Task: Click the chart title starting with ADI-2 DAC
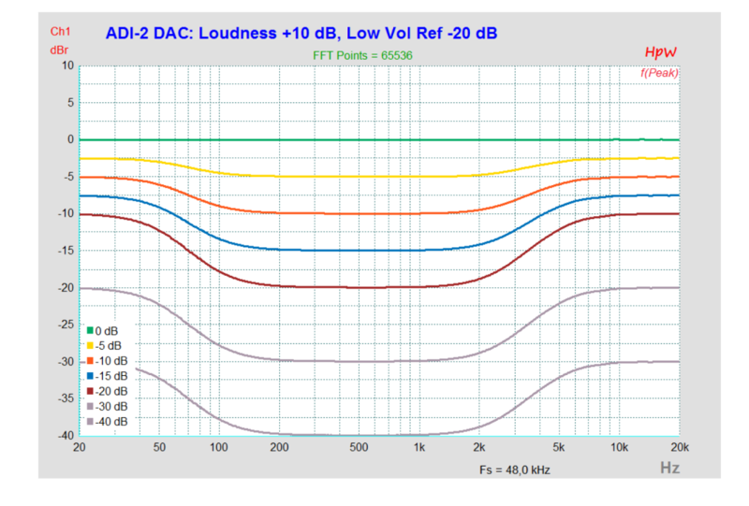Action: click(301, 33)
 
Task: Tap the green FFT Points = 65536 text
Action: click(362, 55)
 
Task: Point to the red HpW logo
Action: click(660, 52)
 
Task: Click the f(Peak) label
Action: click(659, 72)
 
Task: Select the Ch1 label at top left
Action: click(61, 32)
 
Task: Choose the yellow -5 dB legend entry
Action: click(105, 346)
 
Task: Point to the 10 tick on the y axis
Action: click(66, 65)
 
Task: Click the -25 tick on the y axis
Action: click(64, 325)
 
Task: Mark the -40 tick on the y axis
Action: click(64, 435)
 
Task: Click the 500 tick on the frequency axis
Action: click(360, 448)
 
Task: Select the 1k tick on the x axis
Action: click(419, 448)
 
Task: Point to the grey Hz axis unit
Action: click(669, 467)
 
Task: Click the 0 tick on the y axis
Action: click(69, 139)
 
